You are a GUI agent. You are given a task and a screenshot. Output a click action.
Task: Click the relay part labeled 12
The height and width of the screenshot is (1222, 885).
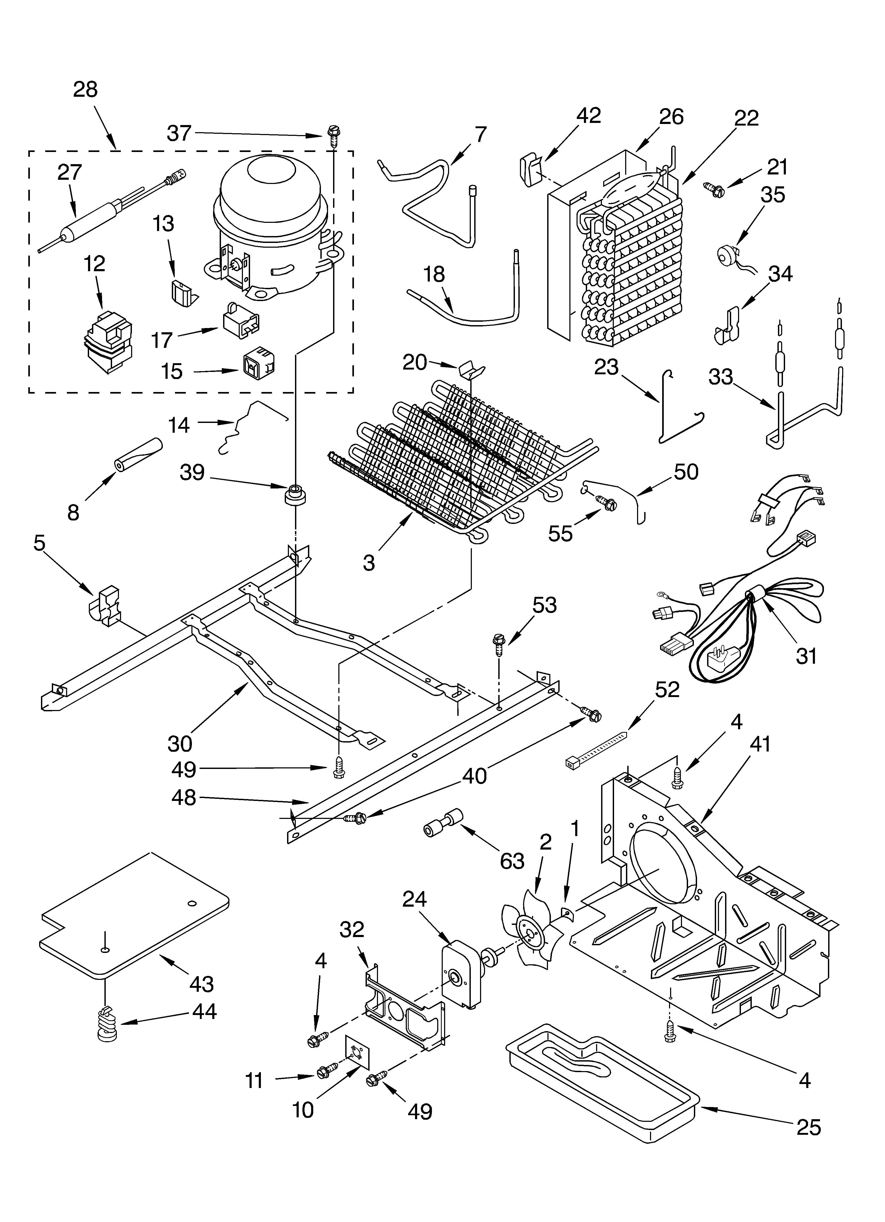[x=108, y=342]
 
